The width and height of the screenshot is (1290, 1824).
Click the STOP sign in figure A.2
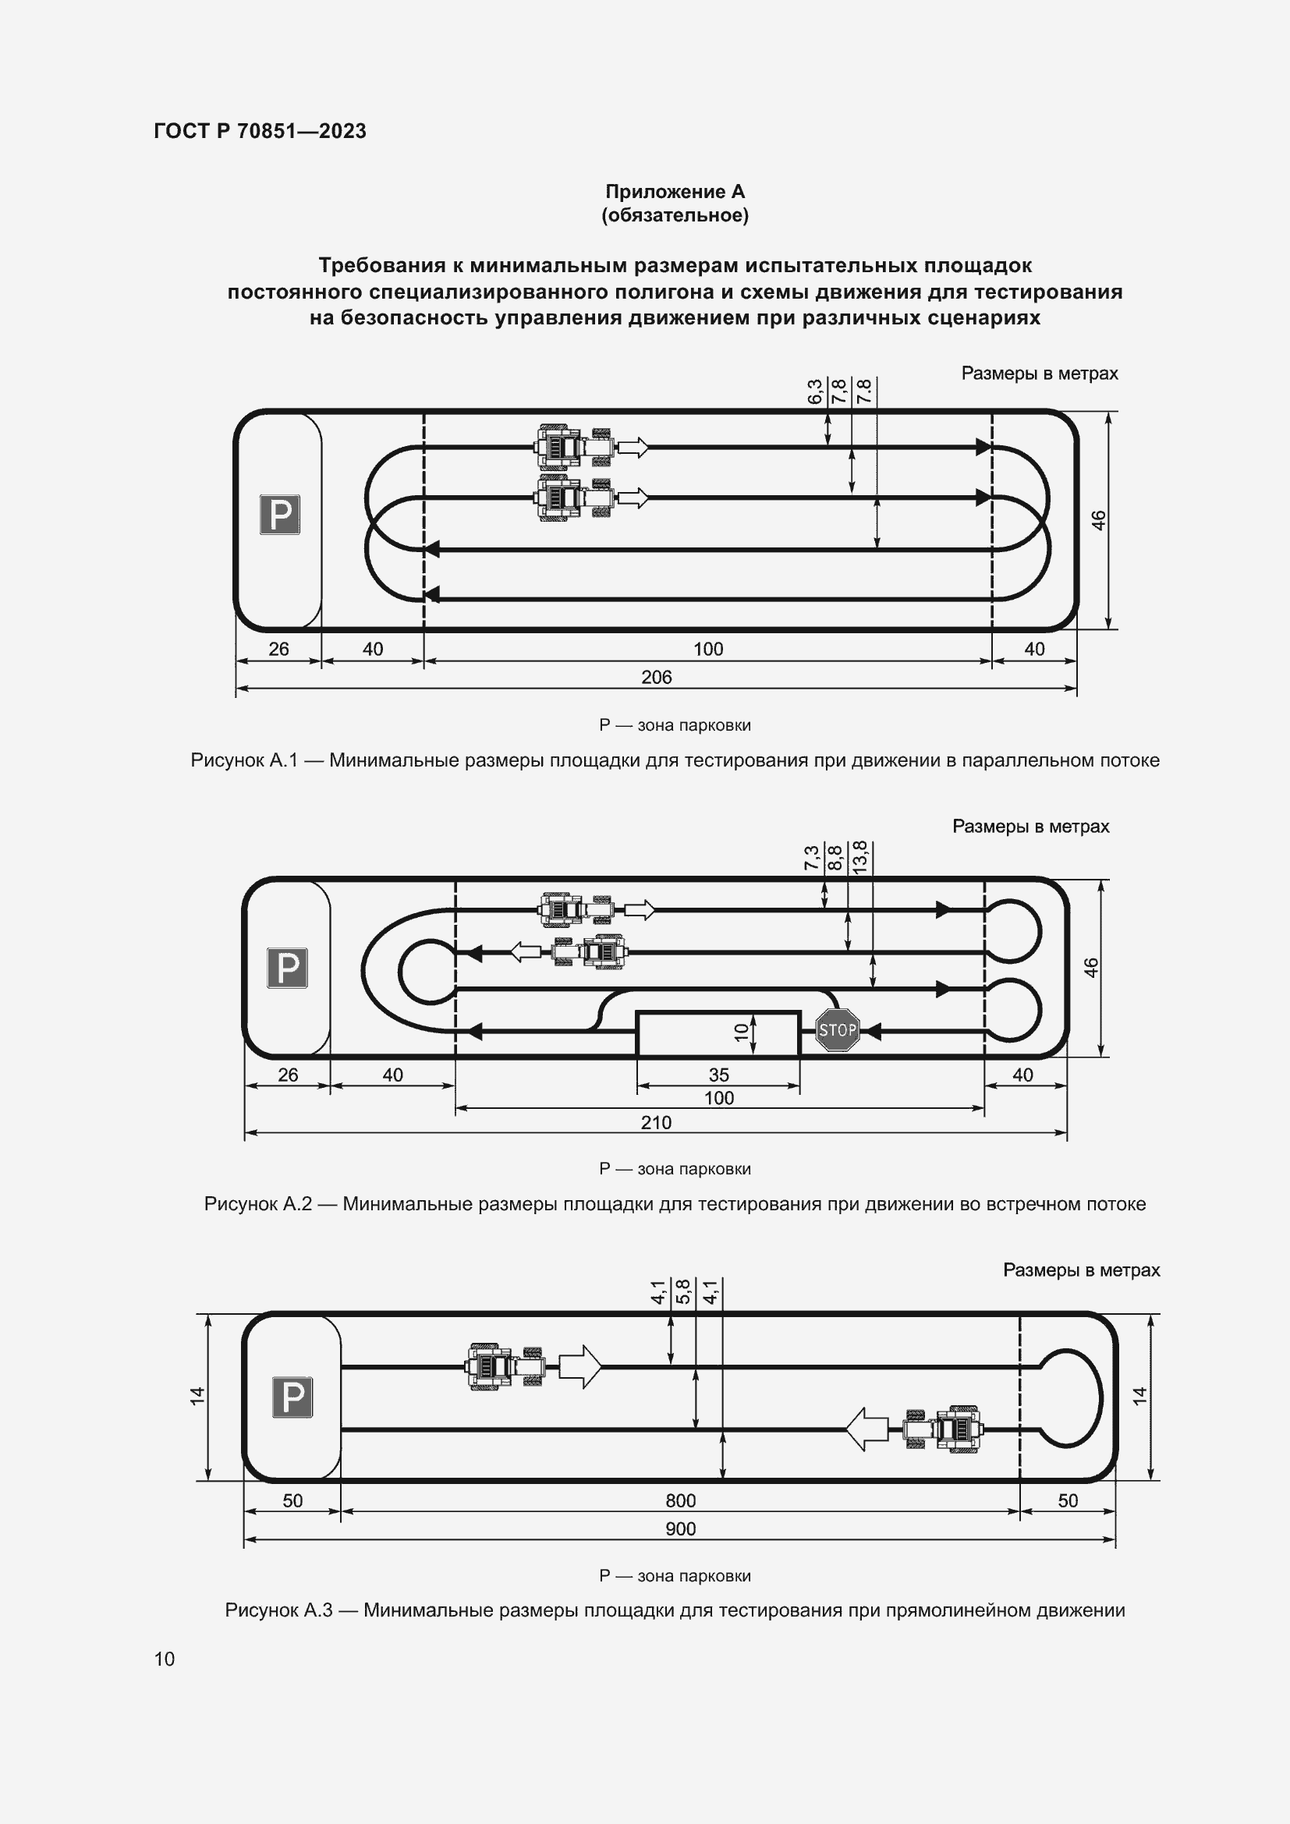pos(837,1030)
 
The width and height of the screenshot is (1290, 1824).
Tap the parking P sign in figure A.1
pos(280,514)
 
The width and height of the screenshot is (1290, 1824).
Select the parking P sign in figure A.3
pos(292,1397)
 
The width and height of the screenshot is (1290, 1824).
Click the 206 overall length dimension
pos(656,678)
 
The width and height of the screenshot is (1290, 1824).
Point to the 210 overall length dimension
pos(656,1122)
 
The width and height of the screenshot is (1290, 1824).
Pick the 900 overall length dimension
pos(680,1528)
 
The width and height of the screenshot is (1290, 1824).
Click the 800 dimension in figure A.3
pos(680,1500)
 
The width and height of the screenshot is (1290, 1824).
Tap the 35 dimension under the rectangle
pos(718,1075)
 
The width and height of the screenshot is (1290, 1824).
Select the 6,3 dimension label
pos(815,391)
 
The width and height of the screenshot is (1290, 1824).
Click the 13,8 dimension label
pos(860,857)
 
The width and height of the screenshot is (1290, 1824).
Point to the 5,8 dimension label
pos(683,1292)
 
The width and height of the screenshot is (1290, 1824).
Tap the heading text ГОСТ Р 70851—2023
pos(260,132)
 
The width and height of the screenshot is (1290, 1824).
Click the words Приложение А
pos(675,192)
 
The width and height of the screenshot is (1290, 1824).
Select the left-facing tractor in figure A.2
pos(589,951)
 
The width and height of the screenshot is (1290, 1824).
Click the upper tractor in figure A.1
pos(572,448)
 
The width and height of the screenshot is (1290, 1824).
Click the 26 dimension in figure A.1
pos(278,649)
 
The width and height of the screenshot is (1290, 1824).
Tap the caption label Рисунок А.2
pos(257,1203)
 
